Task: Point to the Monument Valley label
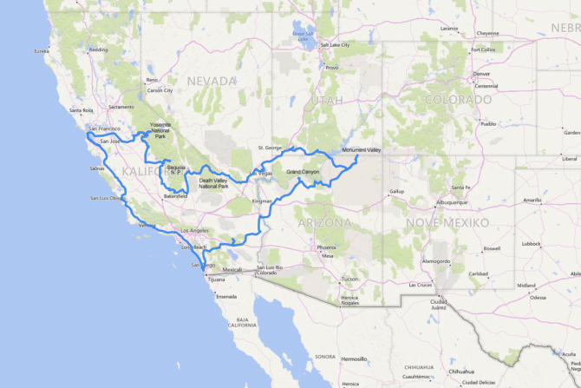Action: point(362,150)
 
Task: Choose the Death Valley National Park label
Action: point(213,183)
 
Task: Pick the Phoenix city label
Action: point(326,247)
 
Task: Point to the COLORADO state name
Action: point(458,100)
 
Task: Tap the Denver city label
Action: point(482,74)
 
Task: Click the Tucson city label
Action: point(349,279)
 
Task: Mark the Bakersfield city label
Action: point(175,196)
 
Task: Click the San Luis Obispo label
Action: point(108,198)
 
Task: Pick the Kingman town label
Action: point(262,201)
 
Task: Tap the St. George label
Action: point(271,148)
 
